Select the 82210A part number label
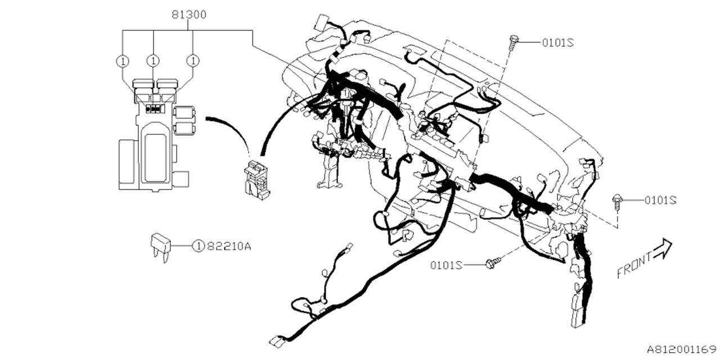click(228, 246)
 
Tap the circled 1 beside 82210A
click(198, 246)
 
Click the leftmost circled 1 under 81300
click(121, 60)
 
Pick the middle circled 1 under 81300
click(153, 60)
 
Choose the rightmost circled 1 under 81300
click(193, 60)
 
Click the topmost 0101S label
click(557, 42)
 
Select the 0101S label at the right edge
click(660, 200)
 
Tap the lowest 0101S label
click(447, 264)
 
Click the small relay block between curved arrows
click(256, 178)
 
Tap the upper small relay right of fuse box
click(184, 113)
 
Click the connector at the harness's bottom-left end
click(277, 340)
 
